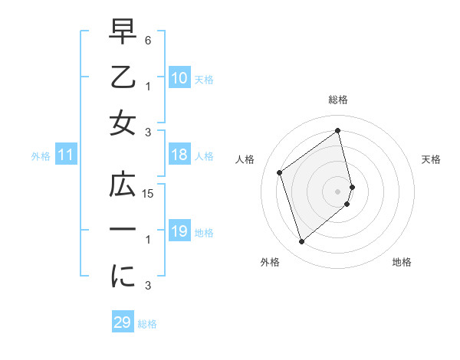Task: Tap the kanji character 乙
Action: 123,78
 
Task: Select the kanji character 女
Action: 123,122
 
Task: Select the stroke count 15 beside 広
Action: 149,194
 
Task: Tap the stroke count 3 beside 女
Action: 149,133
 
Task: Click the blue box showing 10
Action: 179,78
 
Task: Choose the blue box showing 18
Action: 179,155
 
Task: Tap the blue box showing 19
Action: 179,231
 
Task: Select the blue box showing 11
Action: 65,155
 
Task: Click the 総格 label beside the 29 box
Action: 147,324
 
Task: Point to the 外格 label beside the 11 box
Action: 41,156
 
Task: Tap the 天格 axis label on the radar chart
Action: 431,159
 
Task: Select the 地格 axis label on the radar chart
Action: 402,262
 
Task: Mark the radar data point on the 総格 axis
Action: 338,130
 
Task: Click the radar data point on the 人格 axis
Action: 280,172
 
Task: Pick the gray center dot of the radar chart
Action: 338,191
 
